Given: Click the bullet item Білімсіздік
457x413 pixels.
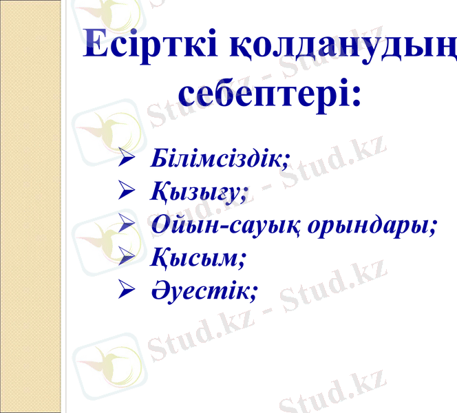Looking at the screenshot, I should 218,158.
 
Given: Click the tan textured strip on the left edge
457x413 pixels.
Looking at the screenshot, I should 30,206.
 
